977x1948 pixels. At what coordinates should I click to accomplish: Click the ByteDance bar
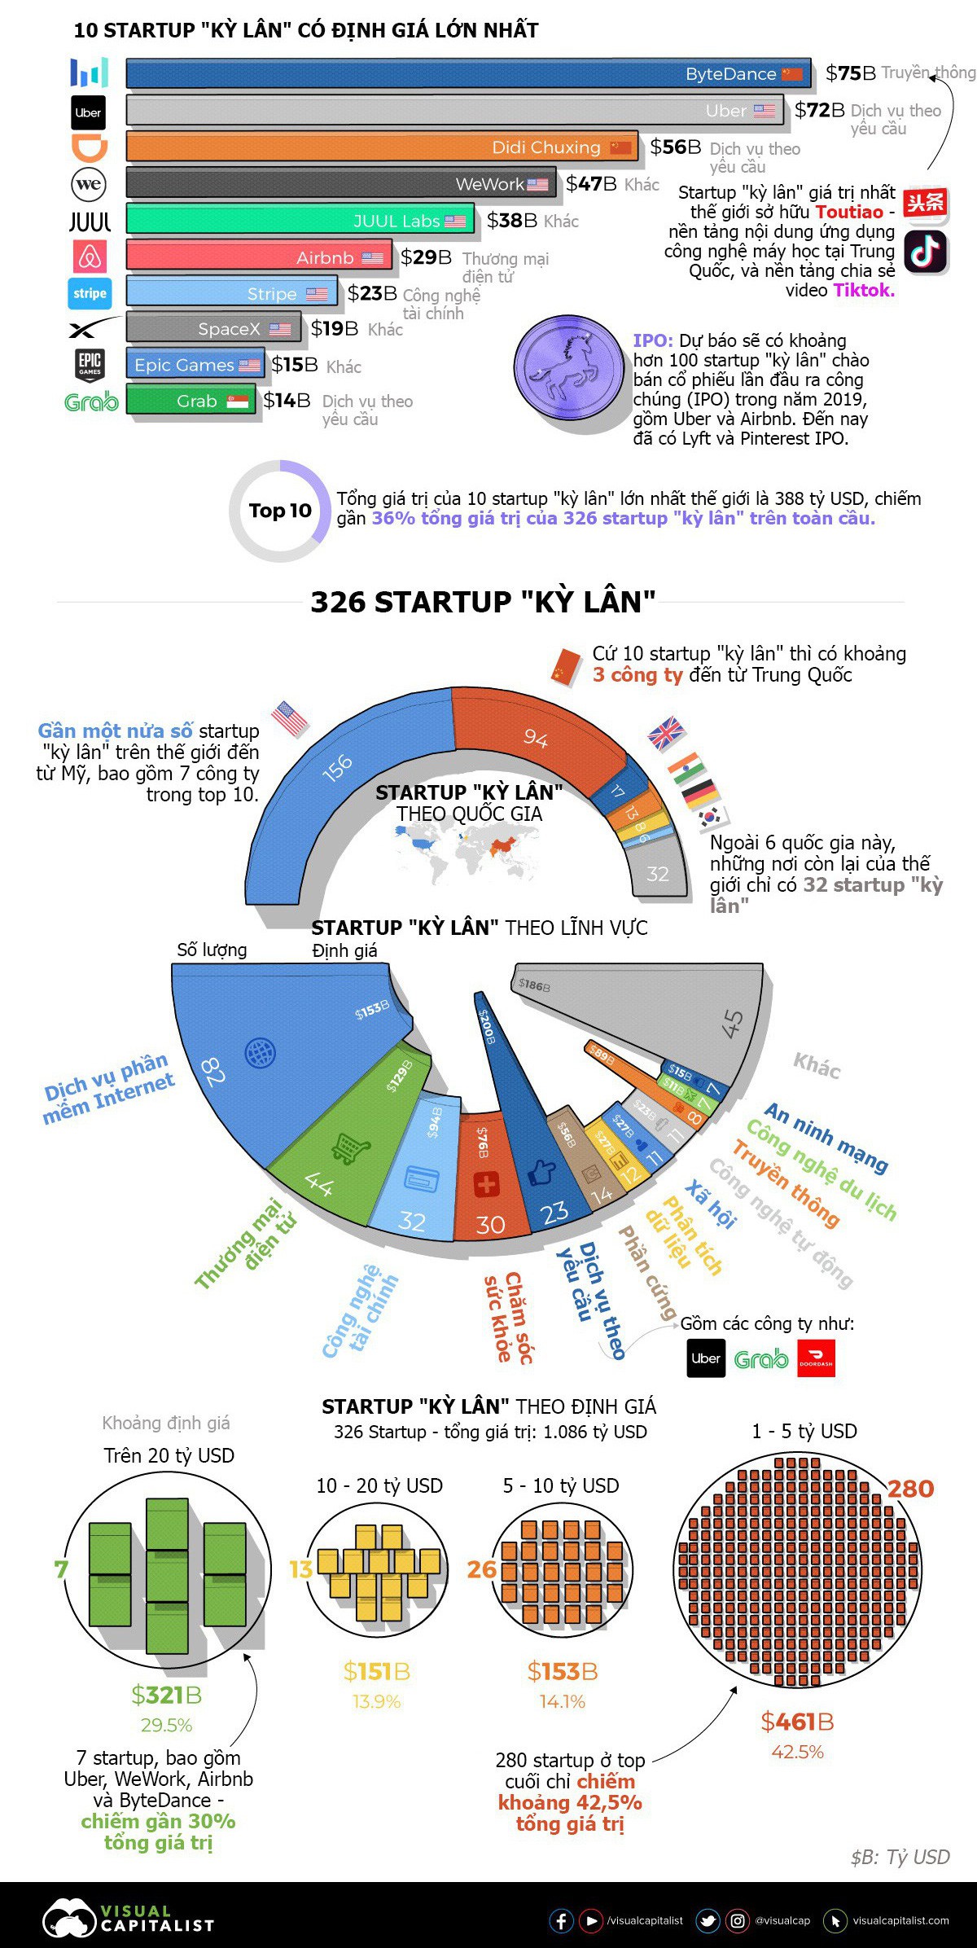pyautogui.click(x=468, y=73)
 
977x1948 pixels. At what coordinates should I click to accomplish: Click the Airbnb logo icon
pyautogui.click(x=89, y=257)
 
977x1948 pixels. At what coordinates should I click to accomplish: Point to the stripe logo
pyautogui.click(x=89, y=293)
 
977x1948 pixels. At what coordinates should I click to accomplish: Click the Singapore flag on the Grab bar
pyautogui.click(x=238, y=401)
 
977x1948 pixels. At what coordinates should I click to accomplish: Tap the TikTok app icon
pyautogui.click(x=926, y=252)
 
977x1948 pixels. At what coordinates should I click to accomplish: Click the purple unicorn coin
pyautogui.click(x=563, y=368)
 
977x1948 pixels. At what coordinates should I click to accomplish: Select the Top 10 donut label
pyautogui.click(x=280, y=511)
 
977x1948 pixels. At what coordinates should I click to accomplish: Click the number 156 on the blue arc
pyautogui.click(x=337, y=767)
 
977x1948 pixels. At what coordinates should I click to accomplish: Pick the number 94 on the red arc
pyautogui.click(x=535, y=738)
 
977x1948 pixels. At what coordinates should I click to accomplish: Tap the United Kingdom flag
pyautogui.click(x=667, y=734)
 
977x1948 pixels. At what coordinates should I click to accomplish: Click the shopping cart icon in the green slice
pyautogui.click(x=350, y=1149)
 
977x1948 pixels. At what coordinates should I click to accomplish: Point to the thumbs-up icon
pyautogui.click(x=541, y=1174)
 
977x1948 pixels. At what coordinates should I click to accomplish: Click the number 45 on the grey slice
pyautogui.click(x=732, y=1023)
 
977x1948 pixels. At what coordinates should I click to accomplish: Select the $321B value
pyautogui.click(x=166, y=1696)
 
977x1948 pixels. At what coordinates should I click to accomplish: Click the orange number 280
pyautogui.click(x=910, y=1490)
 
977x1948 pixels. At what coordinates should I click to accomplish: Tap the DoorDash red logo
pyautogui.click(x=816, y=1358)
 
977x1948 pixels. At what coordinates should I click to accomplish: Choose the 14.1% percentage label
pyautogui.click(x=562, y=1702)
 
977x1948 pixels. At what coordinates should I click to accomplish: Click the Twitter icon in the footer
pyautogui.click(x=708, y=1920)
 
